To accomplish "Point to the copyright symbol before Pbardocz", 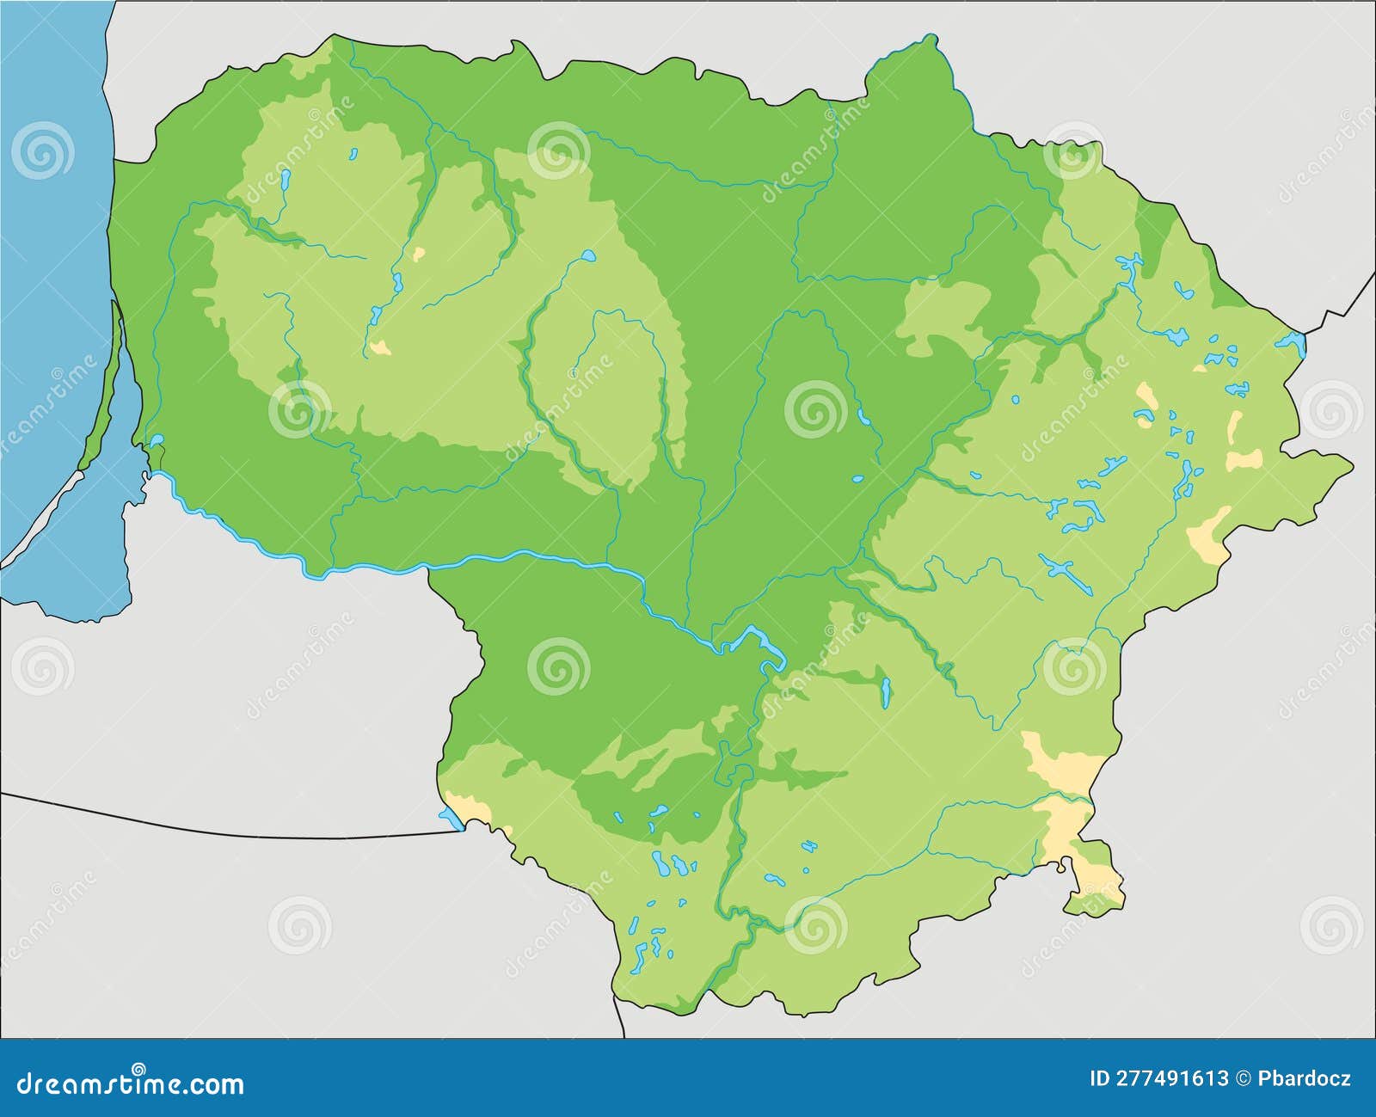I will click(1244, 1078).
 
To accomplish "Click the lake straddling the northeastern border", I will click(1292, 343).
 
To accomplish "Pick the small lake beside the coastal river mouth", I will click(157, 441).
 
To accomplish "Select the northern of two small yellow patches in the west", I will click(419, 255).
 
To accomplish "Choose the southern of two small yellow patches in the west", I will click(379, 347).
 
